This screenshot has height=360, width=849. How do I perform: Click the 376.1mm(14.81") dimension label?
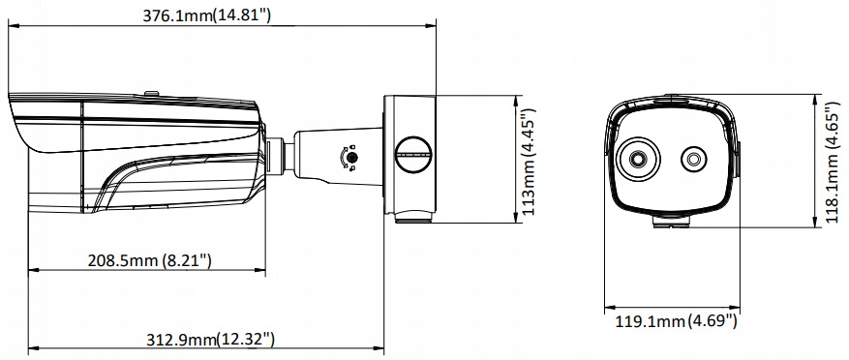point(206,15)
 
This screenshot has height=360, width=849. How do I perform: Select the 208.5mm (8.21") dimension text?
point(149,260)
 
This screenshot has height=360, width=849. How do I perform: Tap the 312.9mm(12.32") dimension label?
point(211,340)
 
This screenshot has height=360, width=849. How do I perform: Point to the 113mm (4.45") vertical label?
point(529,162)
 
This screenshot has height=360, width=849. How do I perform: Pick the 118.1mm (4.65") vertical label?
point(832,163)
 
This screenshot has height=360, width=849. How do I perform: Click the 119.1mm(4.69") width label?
point(677,321)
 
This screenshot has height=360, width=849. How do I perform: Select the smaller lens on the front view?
point(693,159)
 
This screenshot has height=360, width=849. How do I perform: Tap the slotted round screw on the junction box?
point(413,154)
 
